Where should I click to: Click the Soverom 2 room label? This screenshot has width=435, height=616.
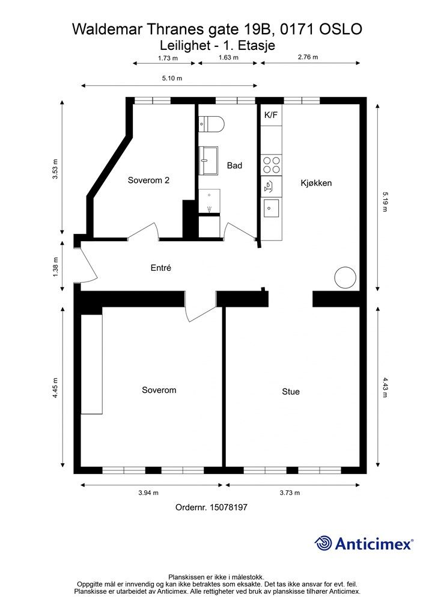tap(148, 180)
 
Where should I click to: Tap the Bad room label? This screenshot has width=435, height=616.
tap(234, 165)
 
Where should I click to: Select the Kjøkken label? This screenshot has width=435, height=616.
tap(316, 183)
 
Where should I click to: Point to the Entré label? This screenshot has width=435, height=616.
tap(161, 268)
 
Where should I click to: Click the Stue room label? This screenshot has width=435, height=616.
tap(291, 392)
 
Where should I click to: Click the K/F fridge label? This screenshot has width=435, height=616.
tap(271, 115)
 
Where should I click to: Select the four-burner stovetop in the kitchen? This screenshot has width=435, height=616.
tap(272, 165)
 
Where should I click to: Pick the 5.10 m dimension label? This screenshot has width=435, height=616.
tap(172, 78)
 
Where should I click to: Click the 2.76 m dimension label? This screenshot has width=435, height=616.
tap(308, 57)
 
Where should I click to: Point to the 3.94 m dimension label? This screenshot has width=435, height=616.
tap(148, 493)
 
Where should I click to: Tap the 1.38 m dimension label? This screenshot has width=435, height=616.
tap(55, 266)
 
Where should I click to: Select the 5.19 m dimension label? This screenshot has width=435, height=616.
tap(385, 202)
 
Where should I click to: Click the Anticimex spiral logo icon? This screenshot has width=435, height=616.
tap(323, 543)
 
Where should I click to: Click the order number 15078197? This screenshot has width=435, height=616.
tap(229, 507)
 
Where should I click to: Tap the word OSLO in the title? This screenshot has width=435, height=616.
tap(341, 29)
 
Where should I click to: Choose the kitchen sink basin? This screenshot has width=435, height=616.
tap(272, 208)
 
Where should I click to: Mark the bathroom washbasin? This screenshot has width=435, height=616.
tap(208, 161)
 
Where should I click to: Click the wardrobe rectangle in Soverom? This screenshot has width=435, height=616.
tap(92, 364)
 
